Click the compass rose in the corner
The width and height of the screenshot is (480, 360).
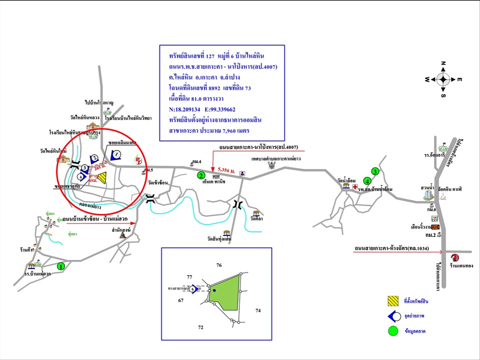(443, 79)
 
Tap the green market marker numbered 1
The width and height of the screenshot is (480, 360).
(61, 266)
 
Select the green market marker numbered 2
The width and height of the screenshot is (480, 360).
(201, 175)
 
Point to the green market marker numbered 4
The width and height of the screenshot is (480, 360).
(367, 180)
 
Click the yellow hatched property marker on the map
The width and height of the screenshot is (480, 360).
(102, 177)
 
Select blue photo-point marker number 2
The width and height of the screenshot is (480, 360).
(93, 158)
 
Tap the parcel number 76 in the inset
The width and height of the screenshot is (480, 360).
(218, 264)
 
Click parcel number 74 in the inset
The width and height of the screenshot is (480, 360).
(258, 310)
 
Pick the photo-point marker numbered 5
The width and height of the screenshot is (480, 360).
(193, 289)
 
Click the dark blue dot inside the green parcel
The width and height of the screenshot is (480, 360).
(214, 290)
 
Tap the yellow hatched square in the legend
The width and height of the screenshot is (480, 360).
(392, 301)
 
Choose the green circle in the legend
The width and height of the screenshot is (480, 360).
(392, 330)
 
